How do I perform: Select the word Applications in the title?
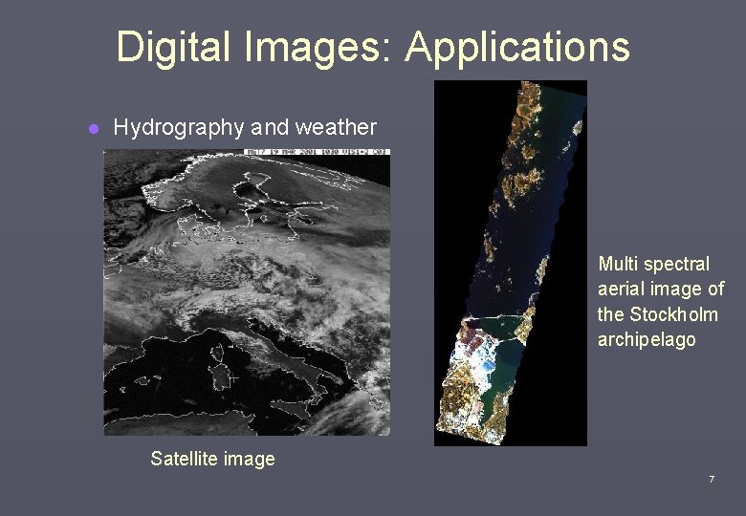[516, 46]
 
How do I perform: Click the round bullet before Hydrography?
[94, 129]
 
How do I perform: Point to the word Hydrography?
[178, 128]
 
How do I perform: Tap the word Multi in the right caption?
[619, 264]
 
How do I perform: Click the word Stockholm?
[674, 314]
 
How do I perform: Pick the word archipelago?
[647, 340]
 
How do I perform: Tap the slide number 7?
[711, 479]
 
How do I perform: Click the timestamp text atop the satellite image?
[316, 152]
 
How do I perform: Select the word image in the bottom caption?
[250, 459]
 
